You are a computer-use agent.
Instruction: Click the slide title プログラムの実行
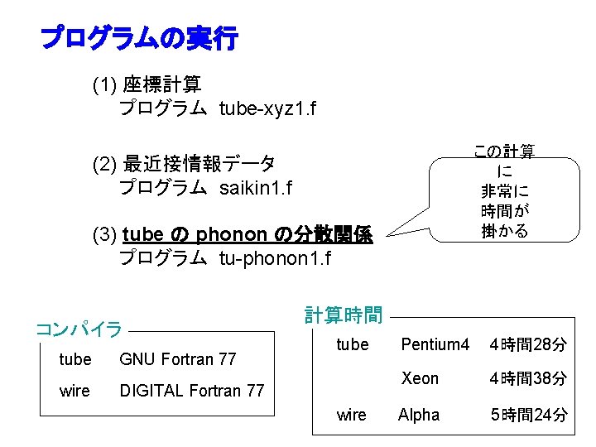point(139,38)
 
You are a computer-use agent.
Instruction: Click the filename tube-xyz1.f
point(267,108)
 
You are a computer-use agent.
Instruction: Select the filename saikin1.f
point(256,188)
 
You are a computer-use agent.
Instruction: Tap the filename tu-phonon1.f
point(275,259)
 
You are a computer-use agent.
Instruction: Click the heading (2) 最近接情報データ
point(184,163)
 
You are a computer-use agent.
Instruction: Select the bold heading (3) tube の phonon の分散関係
point(233,234)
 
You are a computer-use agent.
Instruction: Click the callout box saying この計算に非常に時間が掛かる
point(504,190)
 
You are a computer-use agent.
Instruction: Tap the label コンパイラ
point(79,329)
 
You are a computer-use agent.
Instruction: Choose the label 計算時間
point(344,315)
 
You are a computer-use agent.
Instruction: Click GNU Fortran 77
point(178,359)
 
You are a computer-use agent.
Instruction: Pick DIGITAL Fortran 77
point(192,390)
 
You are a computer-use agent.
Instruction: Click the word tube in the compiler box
point(75,359)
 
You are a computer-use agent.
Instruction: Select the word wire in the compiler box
point(74,390)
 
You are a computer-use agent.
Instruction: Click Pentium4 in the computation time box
point(435,344)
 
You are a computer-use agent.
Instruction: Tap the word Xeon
point(420,378)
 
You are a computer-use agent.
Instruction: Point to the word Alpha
point(419,414)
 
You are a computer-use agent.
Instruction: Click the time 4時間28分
point(527,344)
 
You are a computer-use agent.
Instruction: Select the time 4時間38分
point(527,378)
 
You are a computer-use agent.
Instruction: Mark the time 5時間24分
point(527,414)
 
